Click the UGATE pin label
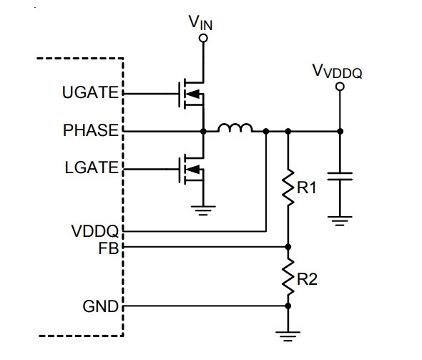click(90, 92)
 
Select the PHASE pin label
click(91, 130)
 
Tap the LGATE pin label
click(92, 167)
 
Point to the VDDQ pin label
click(94, 231)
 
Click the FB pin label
click(109, 248)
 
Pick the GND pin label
click(100, 306)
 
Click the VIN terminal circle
click(203, 38)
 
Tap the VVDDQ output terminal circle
click(340, 87)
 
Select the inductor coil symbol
click(235, 128)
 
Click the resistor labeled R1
click(288, 188)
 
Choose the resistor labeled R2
click(288, 276)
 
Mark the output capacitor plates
click(340, 176)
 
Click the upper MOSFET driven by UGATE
click(192, 94)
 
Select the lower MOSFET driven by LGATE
click(192, 169)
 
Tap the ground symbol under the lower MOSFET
click(203, 210)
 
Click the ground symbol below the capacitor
click(340, 220)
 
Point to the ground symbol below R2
click(288, 336)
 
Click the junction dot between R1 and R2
click(288, 247)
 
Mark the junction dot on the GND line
click(288, 306)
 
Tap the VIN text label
click(200, 23)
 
